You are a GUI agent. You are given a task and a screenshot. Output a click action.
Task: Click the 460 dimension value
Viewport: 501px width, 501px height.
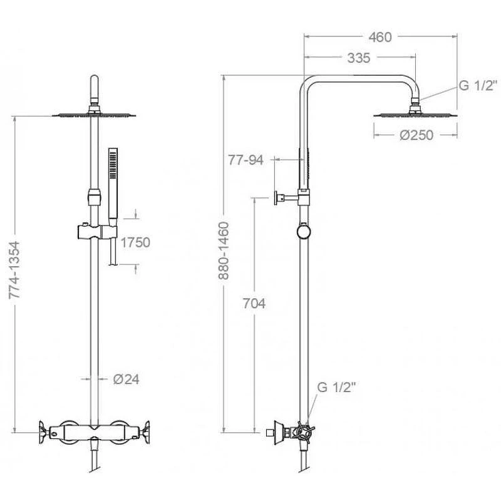(380, 38)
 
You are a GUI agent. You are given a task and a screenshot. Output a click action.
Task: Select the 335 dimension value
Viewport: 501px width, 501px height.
(359, 58)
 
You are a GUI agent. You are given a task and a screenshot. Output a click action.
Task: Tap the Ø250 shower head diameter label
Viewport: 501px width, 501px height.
(416, 135)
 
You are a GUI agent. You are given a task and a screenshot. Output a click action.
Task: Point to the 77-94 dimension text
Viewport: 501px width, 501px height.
(245, 160)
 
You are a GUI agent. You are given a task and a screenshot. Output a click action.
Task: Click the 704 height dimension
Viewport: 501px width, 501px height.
(254, 304)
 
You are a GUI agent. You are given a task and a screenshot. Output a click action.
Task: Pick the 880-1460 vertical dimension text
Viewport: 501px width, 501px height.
(224, 251)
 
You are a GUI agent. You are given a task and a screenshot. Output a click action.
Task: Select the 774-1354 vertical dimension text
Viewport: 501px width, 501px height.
(14, 270)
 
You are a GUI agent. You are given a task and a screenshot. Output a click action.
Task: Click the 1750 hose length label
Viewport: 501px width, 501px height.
(135, 242)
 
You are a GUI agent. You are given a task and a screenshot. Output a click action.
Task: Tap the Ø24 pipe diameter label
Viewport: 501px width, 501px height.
(127, 380)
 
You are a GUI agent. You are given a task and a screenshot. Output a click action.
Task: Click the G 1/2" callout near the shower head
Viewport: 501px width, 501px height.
(478, 85)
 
